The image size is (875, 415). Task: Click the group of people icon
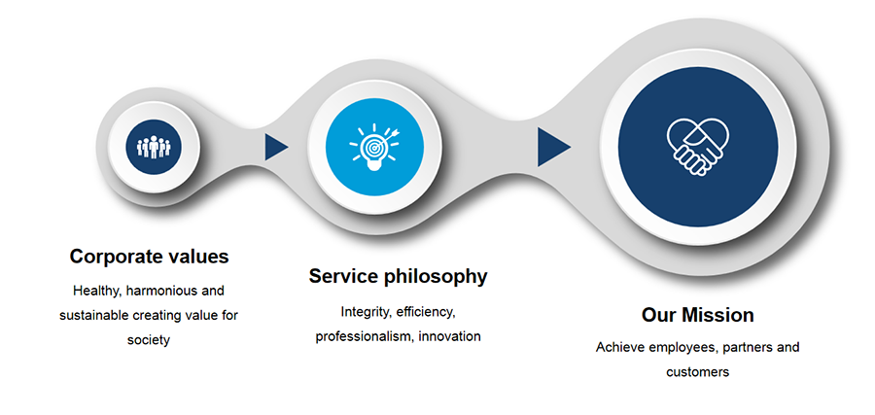[x=154, y=147]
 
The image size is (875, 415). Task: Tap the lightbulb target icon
[x=374, y=146]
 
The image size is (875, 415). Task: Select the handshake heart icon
[x=697, y=146]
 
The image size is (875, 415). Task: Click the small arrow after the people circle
[x=276, y=147]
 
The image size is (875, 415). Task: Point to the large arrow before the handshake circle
[x=553, y=147]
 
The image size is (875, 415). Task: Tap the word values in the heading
[x=198, y=257]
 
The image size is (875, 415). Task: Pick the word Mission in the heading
[x=718, y=315]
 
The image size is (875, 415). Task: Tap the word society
[x=149, y=340]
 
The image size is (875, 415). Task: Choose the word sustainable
[x=94, y=315]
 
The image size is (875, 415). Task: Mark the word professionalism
[x=365, y=337]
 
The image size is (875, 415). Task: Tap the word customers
[x=697, y=372]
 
